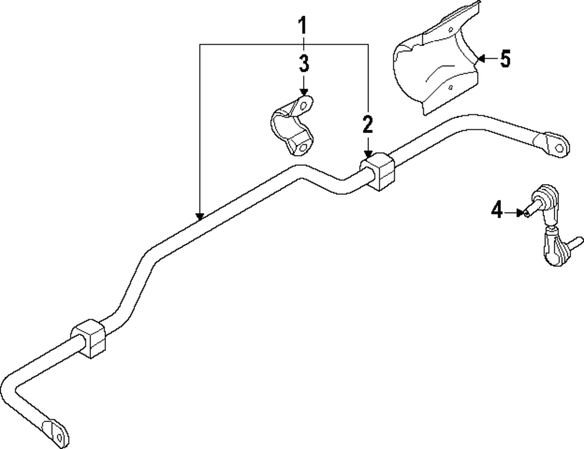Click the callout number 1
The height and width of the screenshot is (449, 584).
coord(303,26)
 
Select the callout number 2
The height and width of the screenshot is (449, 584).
coord(367,124)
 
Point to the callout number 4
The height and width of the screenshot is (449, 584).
coord(496,210)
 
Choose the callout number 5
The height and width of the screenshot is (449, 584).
coord(505,59)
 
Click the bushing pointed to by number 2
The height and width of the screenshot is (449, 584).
coord(378,170)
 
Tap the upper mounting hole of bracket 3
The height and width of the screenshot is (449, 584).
coord(304,106)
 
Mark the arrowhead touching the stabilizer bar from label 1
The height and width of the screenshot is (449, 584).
coord(200,217)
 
